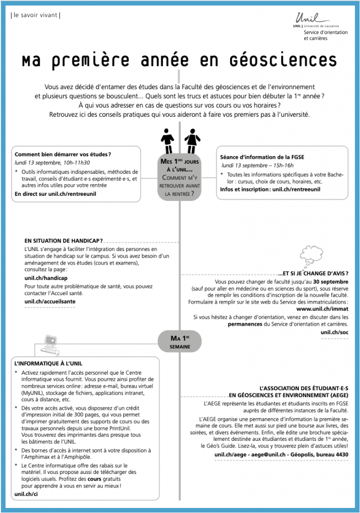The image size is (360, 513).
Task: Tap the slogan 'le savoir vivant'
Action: coord(35,15)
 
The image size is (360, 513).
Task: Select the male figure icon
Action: coord(167,141)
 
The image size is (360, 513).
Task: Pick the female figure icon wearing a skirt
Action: coord(191,141)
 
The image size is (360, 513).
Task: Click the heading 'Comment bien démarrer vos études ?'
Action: coord(63,154)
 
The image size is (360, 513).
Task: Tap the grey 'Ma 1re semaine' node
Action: coord(179,342)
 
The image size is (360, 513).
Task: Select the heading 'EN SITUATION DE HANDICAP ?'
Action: coord(64,240)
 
